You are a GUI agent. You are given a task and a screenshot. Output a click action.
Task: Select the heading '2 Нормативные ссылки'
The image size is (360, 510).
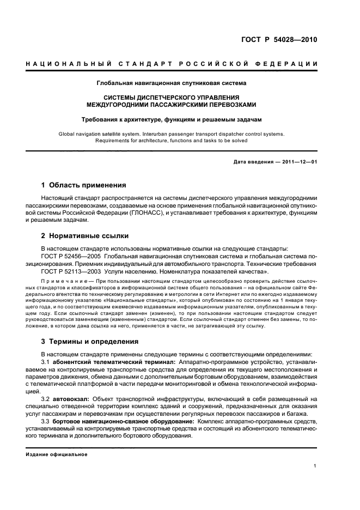[x=85, y=236]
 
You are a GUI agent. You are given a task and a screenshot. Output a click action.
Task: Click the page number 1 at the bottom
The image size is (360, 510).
[x=315, y=465]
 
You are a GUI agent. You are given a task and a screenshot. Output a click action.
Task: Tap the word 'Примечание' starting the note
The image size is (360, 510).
[x=59, y=281]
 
